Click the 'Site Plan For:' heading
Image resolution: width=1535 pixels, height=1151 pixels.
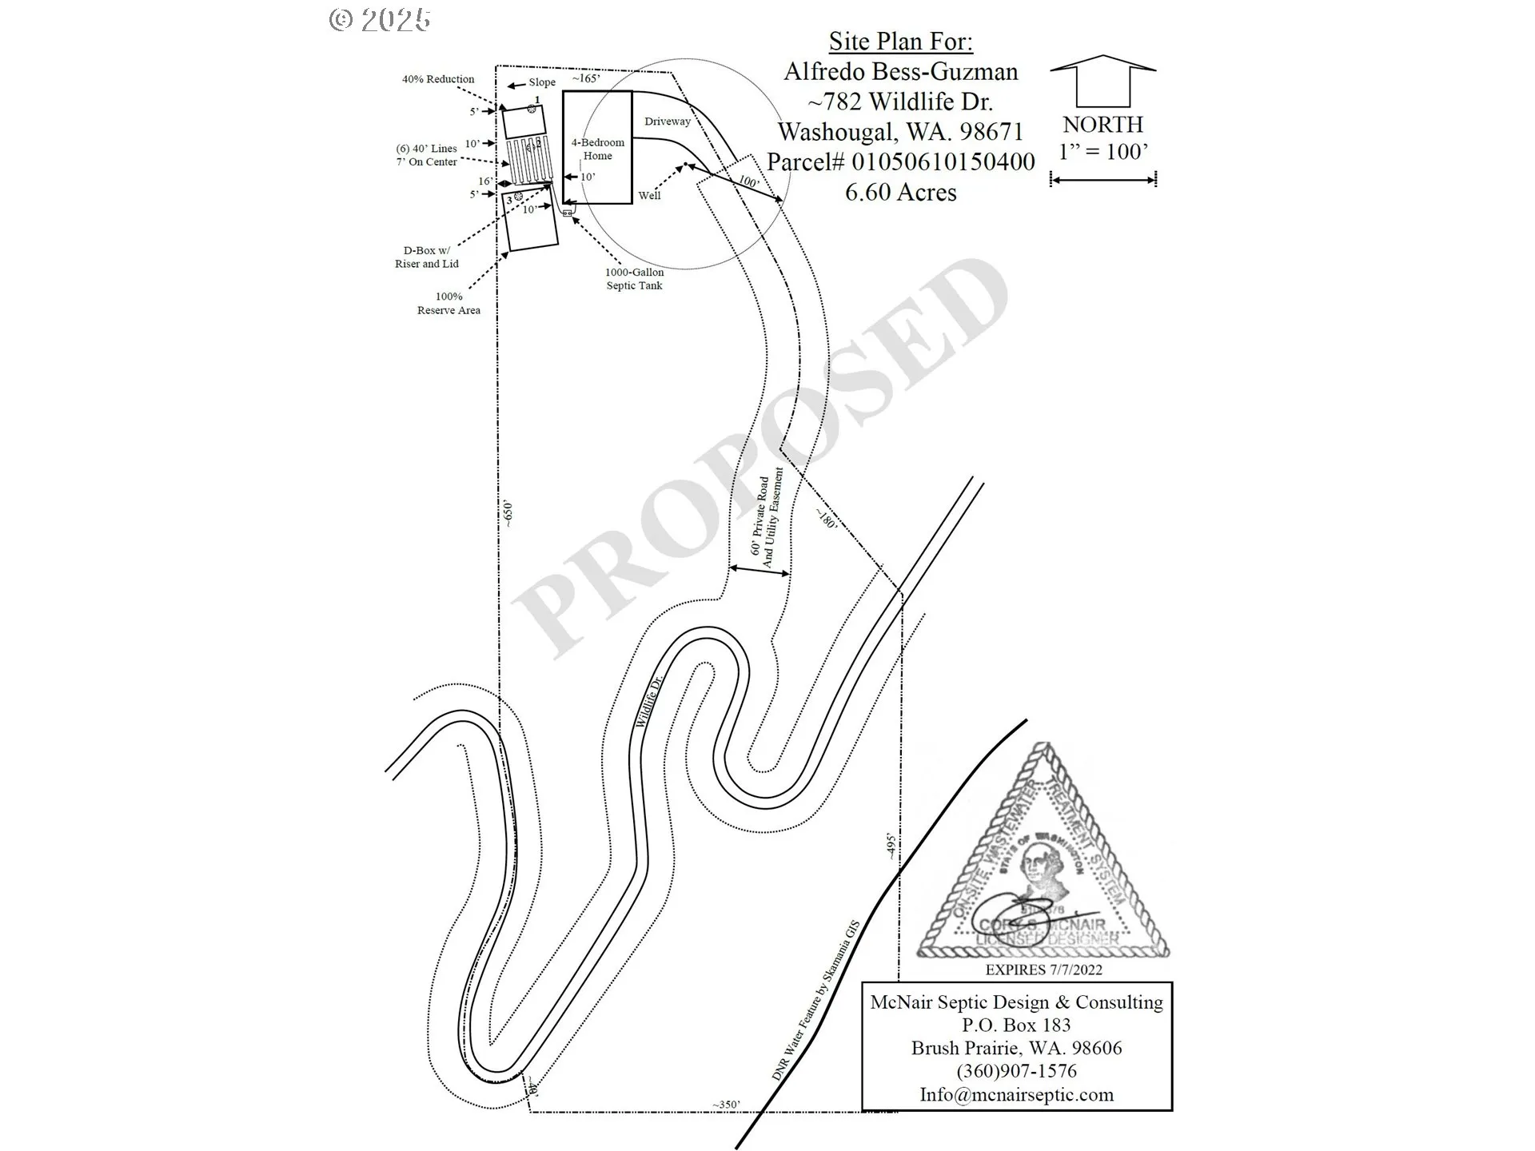click(900, 42)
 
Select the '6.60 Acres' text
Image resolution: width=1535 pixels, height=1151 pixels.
click(900, 193)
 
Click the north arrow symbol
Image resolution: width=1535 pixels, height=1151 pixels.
click(1102, 81)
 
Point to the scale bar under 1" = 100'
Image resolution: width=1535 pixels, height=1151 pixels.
click(1102, 181)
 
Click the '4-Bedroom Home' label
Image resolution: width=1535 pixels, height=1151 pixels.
click(597, 149)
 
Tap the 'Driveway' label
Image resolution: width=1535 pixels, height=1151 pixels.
click(668, 121)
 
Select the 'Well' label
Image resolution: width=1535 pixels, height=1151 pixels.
click(649, 196)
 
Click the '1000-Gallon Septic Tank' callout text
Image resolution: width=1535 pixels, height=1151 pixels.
click(634, 279)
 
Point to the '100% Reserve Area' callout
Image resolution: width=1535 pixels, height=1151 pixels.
click(449, 304)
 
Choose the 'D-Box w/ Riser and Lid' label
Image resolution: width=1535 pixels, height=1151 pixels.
click(426, 257)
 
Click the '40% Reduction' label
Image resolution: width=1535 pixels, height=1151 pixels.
click(438, 79)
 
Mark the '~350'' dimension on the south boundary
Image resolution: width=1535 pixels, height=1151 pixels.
click(726, 1105)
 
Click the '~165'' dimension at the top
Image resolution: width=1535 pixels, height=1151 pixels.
click(586, 78)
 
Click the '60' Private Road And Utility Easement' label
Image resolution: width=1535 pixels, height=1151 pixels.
click(767, 518)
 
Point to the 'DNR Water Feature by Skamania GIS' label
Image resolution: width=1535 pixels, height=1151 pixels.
click(815, 1001)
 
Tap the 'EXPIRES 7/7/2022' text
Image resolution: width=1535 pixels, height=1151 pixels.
click(1043, 970)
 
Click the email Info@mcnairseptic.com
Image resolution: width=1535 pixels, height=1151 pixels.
click(1016, 1095)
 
